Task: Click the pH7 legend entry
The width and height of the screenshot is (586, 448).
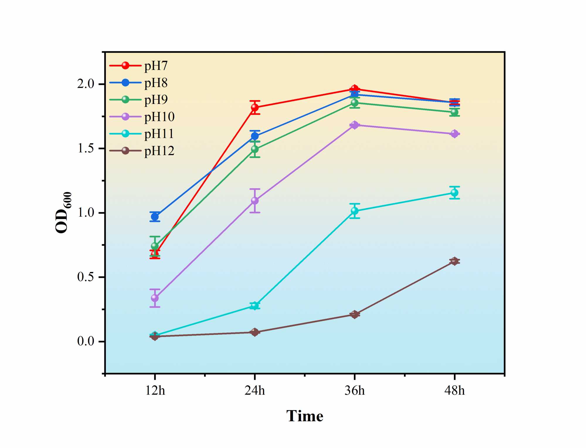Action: [156, 66]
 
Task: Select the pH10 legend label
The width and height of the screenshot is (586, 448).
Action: [159, 117]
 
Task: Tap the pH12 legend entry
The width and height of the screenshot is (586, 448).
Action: [159, 151]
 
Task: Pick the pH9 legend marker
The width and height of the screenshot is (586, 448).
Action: [125, 100]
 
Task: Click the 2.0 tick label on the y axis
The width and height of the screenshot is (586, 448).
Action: [86, 84]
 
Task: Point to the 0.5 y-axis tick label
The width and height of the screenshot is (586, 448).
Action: [86, 277]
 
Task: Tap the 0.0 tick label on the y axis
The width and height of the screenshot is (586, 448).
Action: [86, 341]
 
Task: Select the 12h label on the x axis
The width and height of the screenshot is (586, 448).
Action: [155, 391]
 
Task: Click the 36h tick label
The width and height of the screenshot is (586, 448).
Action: [355, 391]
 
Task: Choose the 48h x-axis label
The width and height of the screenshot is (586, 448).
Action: [454, 391]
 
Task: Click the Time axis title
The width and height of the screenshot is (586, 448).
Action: [305, 416]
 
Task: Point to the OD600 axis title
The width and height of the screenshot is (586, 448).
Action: [63, 213]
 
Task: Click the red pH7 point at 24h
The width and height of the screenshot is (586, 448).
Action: [255, 107]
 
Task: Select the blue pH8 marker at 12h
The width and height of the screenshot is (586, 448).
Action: [155, 217]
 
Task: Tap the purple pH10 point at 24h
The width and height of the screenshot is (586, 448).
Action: [255, 201]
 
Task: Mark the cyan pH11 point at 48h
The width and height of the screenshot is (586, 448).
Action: [454, 193]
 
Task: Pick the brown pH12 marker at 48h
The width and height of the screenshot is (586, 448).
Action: [454, 261]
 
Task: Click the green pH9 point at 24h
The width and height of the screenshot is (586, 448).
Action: [255, 149]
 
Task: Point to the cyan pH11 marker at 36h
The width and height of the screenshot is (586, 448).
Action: [355, 211]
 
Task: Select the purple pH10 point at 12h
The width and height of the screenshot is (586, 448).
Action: [155, 298]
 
